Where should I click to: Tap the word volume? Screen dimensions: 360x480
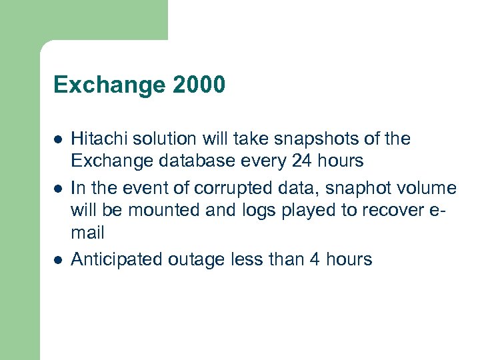click(429, 189)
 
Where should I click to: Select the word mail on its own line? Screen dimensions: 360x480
click(88, 233)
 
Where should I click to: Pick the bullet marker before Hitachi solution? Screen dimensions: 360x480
click(58, 140)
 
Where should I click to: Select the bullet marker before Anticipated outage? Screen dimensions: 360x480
click(58, 260)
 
